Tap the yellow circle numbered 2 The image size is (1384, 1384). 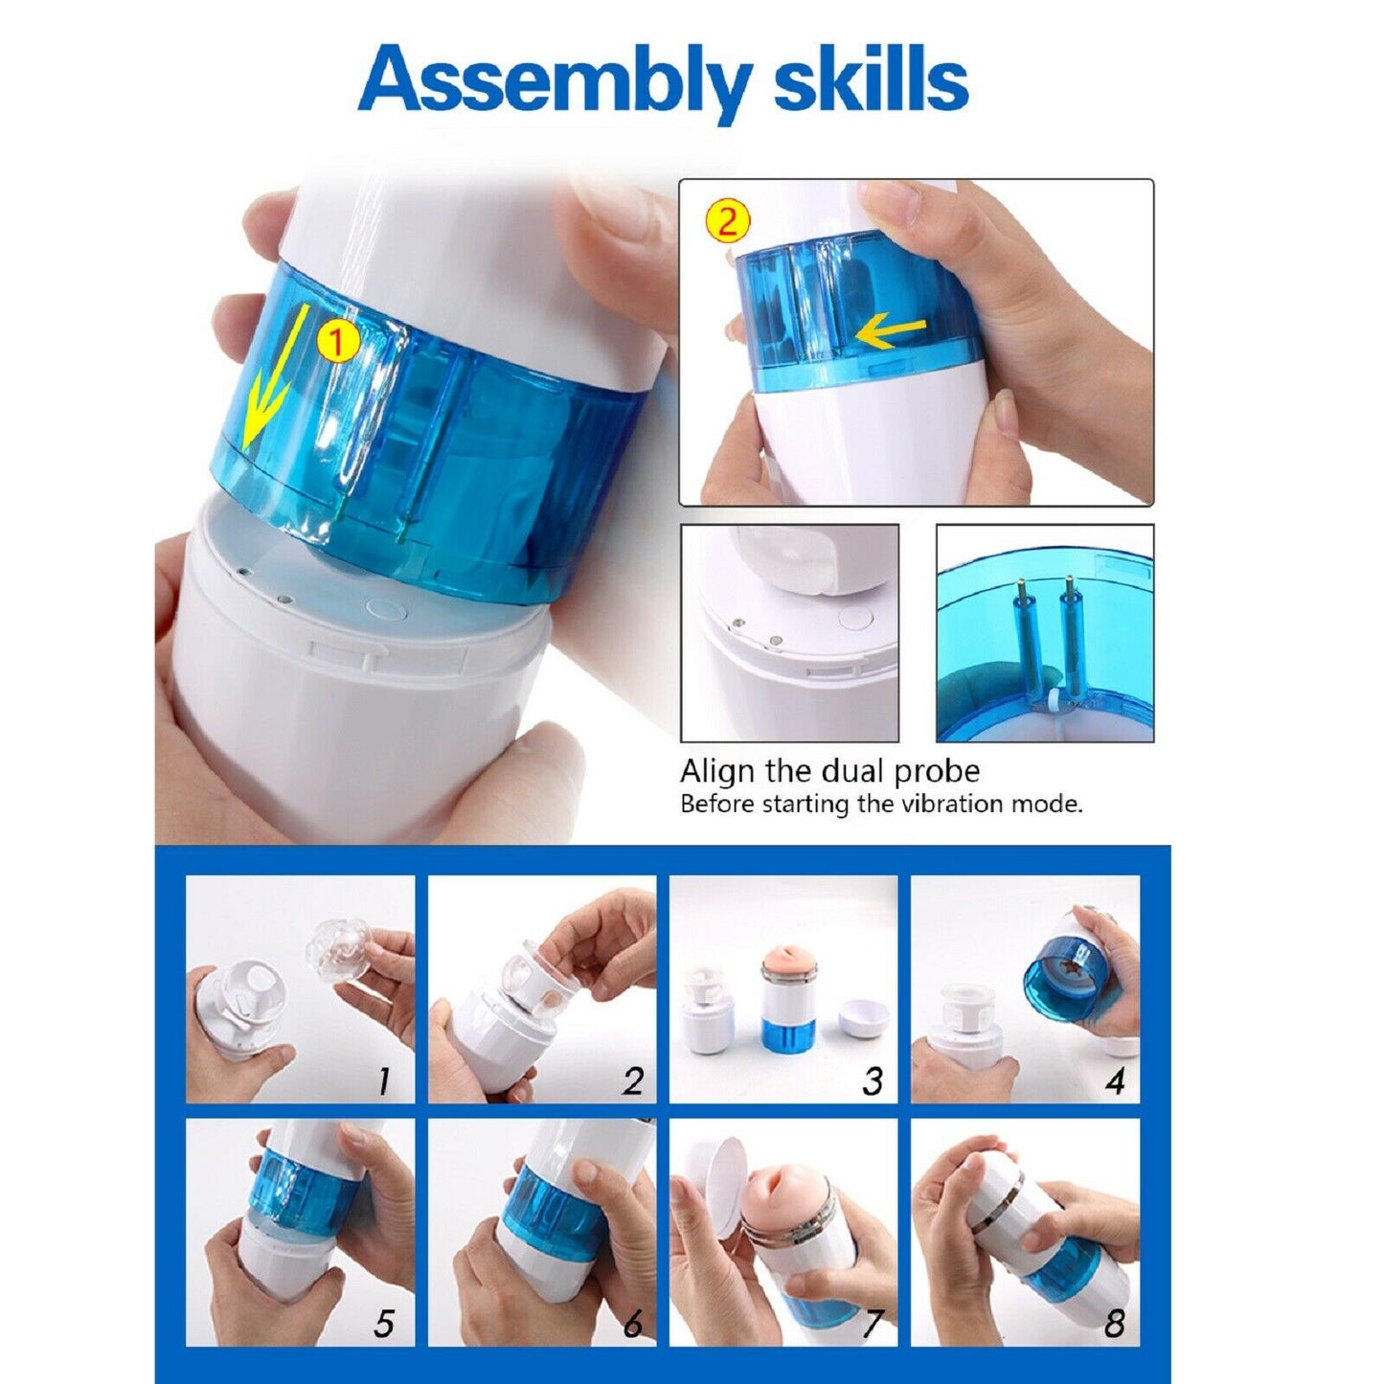[x=727, y=221]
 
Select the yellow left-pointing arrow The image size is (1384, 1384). [x=892, y=333]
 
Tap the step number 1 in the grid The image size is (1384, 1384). [x=385, y=1081]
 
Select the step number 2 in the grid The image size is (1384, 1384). [x=631, y=1081]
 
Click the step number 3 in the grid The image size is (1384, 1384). [x=872, y=1081]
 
